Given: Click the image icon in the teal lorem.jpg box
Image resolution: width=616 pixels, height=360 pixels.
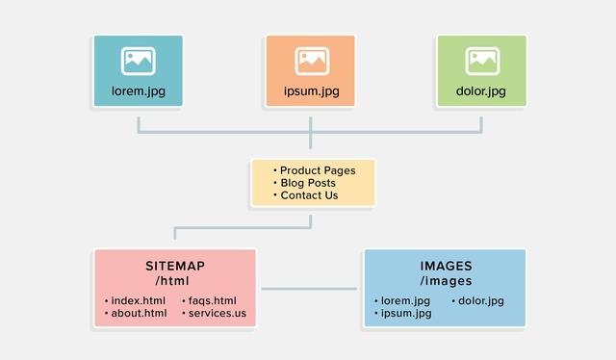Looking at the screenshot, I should tap(139, 61).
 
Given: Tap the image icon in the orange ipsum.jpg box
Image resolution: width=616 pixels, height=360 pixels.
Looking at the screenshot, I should tap(310, 61).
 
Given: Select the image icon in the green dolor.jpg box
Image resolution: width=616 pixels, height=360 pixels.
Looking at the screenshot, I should tap(482, 61).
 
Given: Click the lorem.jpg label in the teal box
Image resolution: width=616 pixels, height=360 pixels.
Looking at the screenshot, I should tap(139, 92).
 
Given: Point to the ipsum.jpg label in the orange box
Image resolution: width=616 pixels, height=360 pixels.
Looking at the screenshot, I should tap(310, 92).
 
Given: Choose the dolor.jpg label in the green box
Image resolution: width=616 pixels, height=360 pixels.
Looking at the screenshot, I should tap(482, 92).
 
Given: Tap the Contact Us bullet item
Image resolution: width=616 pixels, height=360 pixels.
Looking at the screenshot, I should tap(309, 195).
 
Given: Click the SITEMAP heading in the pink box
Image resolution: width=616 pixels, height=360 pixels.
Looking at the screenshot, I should tap(175, 266).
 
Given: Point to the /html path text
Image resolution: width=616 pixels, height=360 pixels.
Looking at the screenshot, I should tap(175, 281).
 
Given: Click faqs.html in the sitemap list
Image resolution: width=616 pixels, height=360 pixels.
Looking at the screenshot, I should tap(212, 300).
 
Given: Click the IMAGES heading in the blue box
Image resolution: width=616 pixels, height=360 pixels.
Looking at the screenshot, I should tap(445, 266).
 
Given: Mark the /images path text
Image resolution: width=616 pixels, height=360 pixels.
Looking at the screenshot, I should tap(445, 281).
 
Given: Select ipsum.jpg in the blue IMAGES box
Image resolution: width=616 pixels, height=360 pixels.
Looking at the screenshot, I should tap(405, 314).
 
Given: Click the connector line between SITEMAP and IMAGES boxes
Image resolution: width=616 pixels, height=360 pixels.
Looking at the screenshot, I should tap(310, 288).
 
